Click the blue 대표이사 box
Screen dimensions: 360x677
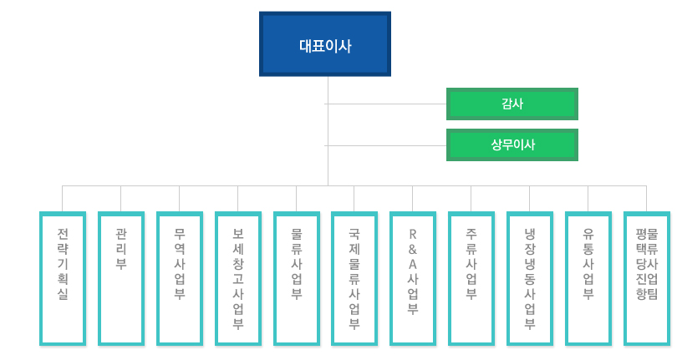325,43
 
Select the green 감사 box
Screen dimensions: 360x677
512,104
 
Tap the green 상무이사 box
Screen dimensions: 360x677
512,145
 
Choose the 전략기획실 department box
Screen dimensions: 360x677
63,278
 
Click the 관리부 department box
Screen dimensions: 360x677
121,278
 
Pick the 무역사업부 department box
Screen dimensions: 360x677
180,278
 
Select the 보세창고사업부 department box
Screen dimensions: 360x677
238,278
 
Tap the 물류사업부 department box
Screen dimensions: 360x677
297,278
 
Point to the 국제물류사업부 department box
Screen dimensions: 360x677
354,278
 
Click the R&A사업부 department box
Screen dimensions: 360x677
413,278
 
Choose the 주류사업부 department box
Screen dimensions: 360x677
471,278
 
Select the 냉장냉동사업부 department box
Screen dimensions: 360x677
530,278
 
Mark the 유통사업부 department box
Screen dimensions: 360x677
588,278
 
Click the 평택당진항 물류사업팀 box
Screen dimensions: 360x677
647,278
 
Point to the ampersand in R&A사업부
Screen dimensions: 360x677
413,249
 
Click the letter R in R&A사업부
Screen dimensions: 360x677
413,233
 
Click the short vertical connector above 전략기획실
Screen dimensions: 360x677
63,198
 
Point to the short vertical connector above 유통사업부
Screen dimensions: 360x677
588,198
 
